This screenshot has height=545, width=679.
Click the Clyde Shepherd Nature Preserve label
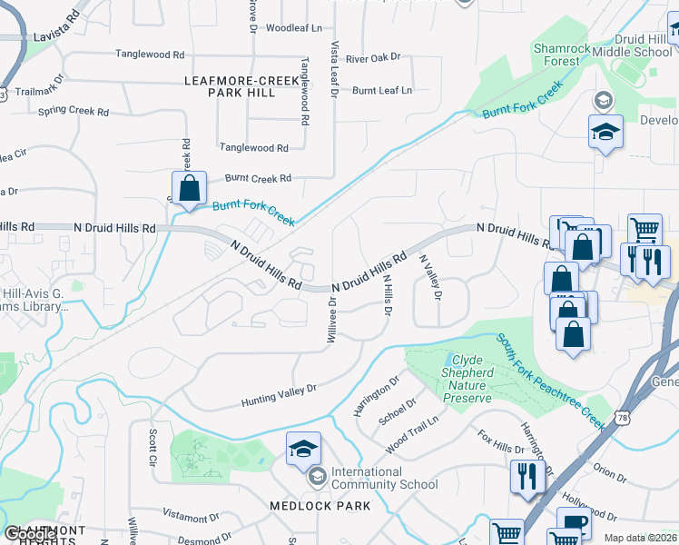pos(467,379)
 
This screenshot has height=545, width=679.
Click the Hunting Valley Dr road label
pos(279,395)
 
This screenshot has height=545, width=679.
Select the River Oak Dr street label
pos(372,58)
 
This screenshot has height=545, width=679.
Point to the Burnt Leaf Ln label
pos(382,90)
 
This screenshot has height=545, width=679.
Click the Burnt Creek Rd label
pos(258,178)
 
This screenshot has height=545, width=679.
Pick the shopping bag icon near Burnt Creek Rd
pos(190,190)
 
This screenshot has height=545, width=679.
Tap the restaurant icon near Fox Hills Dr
pos(525,476)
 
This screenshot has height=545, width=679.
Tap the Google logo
pos(31,535)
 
